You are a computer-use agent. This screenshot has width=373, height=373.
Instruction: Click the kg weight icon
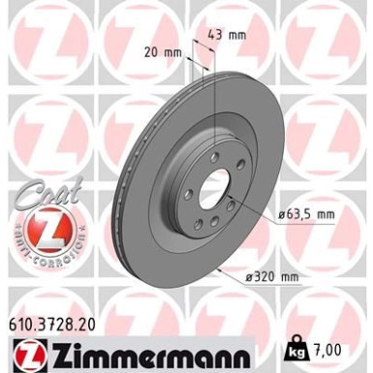300,345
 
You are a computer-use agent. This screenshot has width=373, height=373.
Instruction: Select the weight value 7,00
334,346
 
